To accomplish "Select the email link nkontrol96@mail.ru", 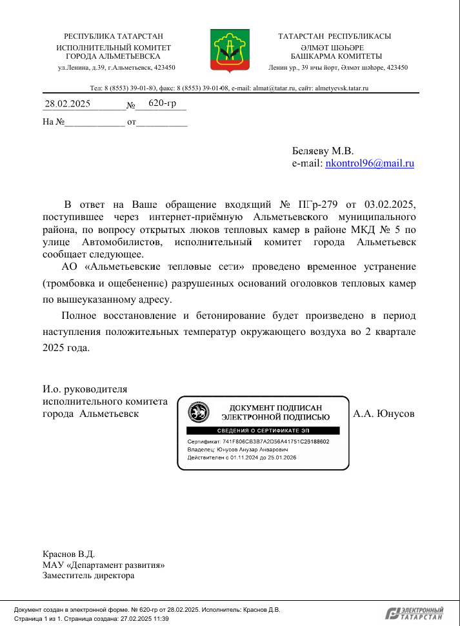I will [x=370, y=164].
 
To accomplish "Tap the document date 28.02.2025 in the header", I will [x=67, y=103].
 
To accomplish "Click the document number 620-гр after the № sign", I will [x=162, y=103].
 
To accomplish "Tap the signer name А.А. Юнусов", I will [x=384, y=414].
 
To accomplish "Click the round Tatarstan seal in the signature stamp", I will [x=198, y=412].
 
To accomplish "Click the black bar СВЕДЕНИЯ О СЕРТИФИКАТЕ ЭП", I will [x=263, y=430].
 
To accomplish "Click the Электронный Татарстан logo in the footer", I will [x=415, y=614].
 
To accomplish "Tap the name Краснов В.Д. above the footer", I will [x=68, y=554].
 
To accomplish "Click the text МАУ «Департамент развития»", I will [x=103, y=565].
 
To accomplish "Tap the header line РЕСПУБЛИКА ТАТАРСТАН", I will [x=114, y=37].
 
